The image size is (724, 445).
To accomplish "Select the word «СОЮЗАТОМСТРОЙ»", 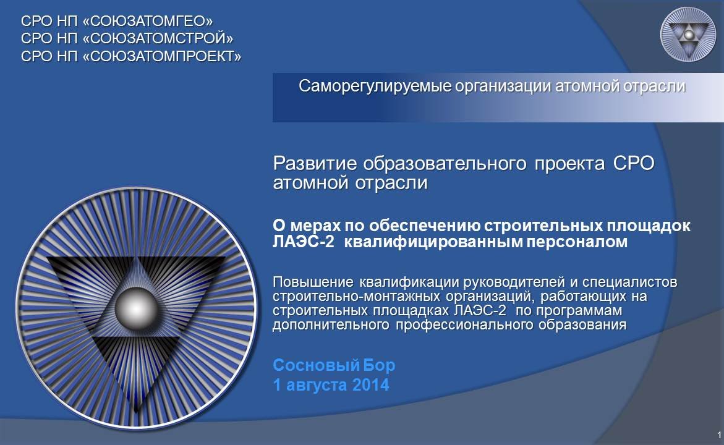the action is point(158,38).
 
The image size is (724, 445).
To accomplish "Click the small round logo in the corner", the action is point(688,35).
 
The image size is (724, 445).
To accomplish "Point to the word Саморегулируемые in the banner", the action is point(375,87).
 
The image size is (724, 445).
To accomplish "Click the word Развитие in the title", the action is point(315,163).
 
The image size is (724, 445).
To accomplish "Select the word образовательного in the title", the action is point(445,163).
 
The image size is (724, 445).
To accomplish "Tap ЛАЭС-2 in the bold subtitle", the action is point(303,242).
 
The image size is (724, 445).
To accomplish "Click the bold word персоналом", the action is point(577,242).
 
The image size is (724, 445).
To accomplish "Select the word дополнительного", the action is point(331,324).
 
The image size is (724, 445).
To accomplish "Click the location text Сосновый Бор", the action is point(334,365).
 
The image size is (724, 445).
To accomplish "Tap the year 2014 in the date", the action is point(371,385).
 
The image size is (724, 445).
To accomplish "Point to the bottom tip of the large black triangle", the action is point(136,412).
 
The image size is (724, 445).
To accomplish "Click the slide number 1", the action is point(720,435).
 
